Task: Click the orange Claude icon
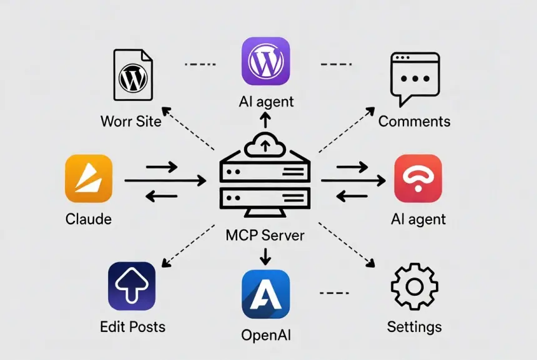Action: point(89,178)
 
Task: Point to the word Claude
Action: point(89,219)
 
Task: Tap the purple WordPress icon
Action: point(265,61)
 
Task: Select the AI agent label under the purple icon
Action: point(266,101)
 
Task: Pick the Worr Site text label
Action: point(131,120)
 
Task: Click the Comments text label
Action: point(415,120)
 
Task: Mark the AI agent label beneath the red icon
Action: point(418,219)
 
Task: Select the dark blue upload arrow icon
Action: point(132,286)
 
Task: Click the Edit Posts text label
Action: point(132,326)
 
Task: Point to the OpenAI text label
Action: point(266,335)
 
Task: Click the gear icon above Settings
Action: point(414,286)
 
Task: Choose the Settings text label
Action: point(414,326)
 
